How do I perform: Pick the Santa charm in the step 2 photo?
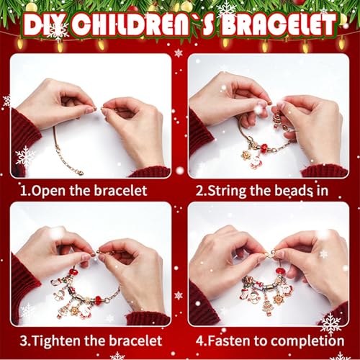pyautogui.click(x=256, y=161)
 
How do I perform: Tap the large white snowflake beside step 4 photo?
pyautogui.click(x=331, y=322)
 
